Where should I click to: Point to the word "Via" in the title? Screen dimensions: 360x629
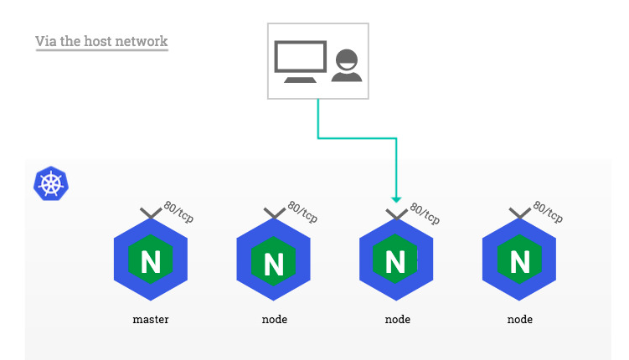click(x=46, y=41)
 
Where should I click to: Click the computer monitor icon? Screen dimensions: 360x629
click(x=300, y=62)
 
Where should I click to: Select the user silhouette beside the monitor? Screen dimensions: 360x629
click(x=346, y=66)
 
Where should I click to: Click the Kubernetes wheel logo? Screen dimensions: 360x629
click(x=50, y=183)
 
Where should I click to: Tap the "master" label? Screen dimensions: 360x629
click(x=151, y=319)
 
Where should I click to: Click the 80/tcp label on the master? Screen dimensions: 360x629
click(x=178, y=212)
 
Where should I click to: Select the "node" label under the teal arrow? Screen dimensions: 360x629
click(x=397, y=319)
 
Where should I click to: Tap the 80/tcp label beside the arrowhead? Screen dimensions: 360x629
click(x=424, y=212)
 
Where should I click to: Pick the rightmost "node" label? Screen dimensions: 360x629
click(x=519, y=319)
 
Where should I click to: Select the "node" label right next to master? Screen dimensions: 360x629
click(x=274, y=319)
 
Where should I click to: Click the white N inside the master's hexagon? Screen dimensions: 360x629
click(x=151, y=263)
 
